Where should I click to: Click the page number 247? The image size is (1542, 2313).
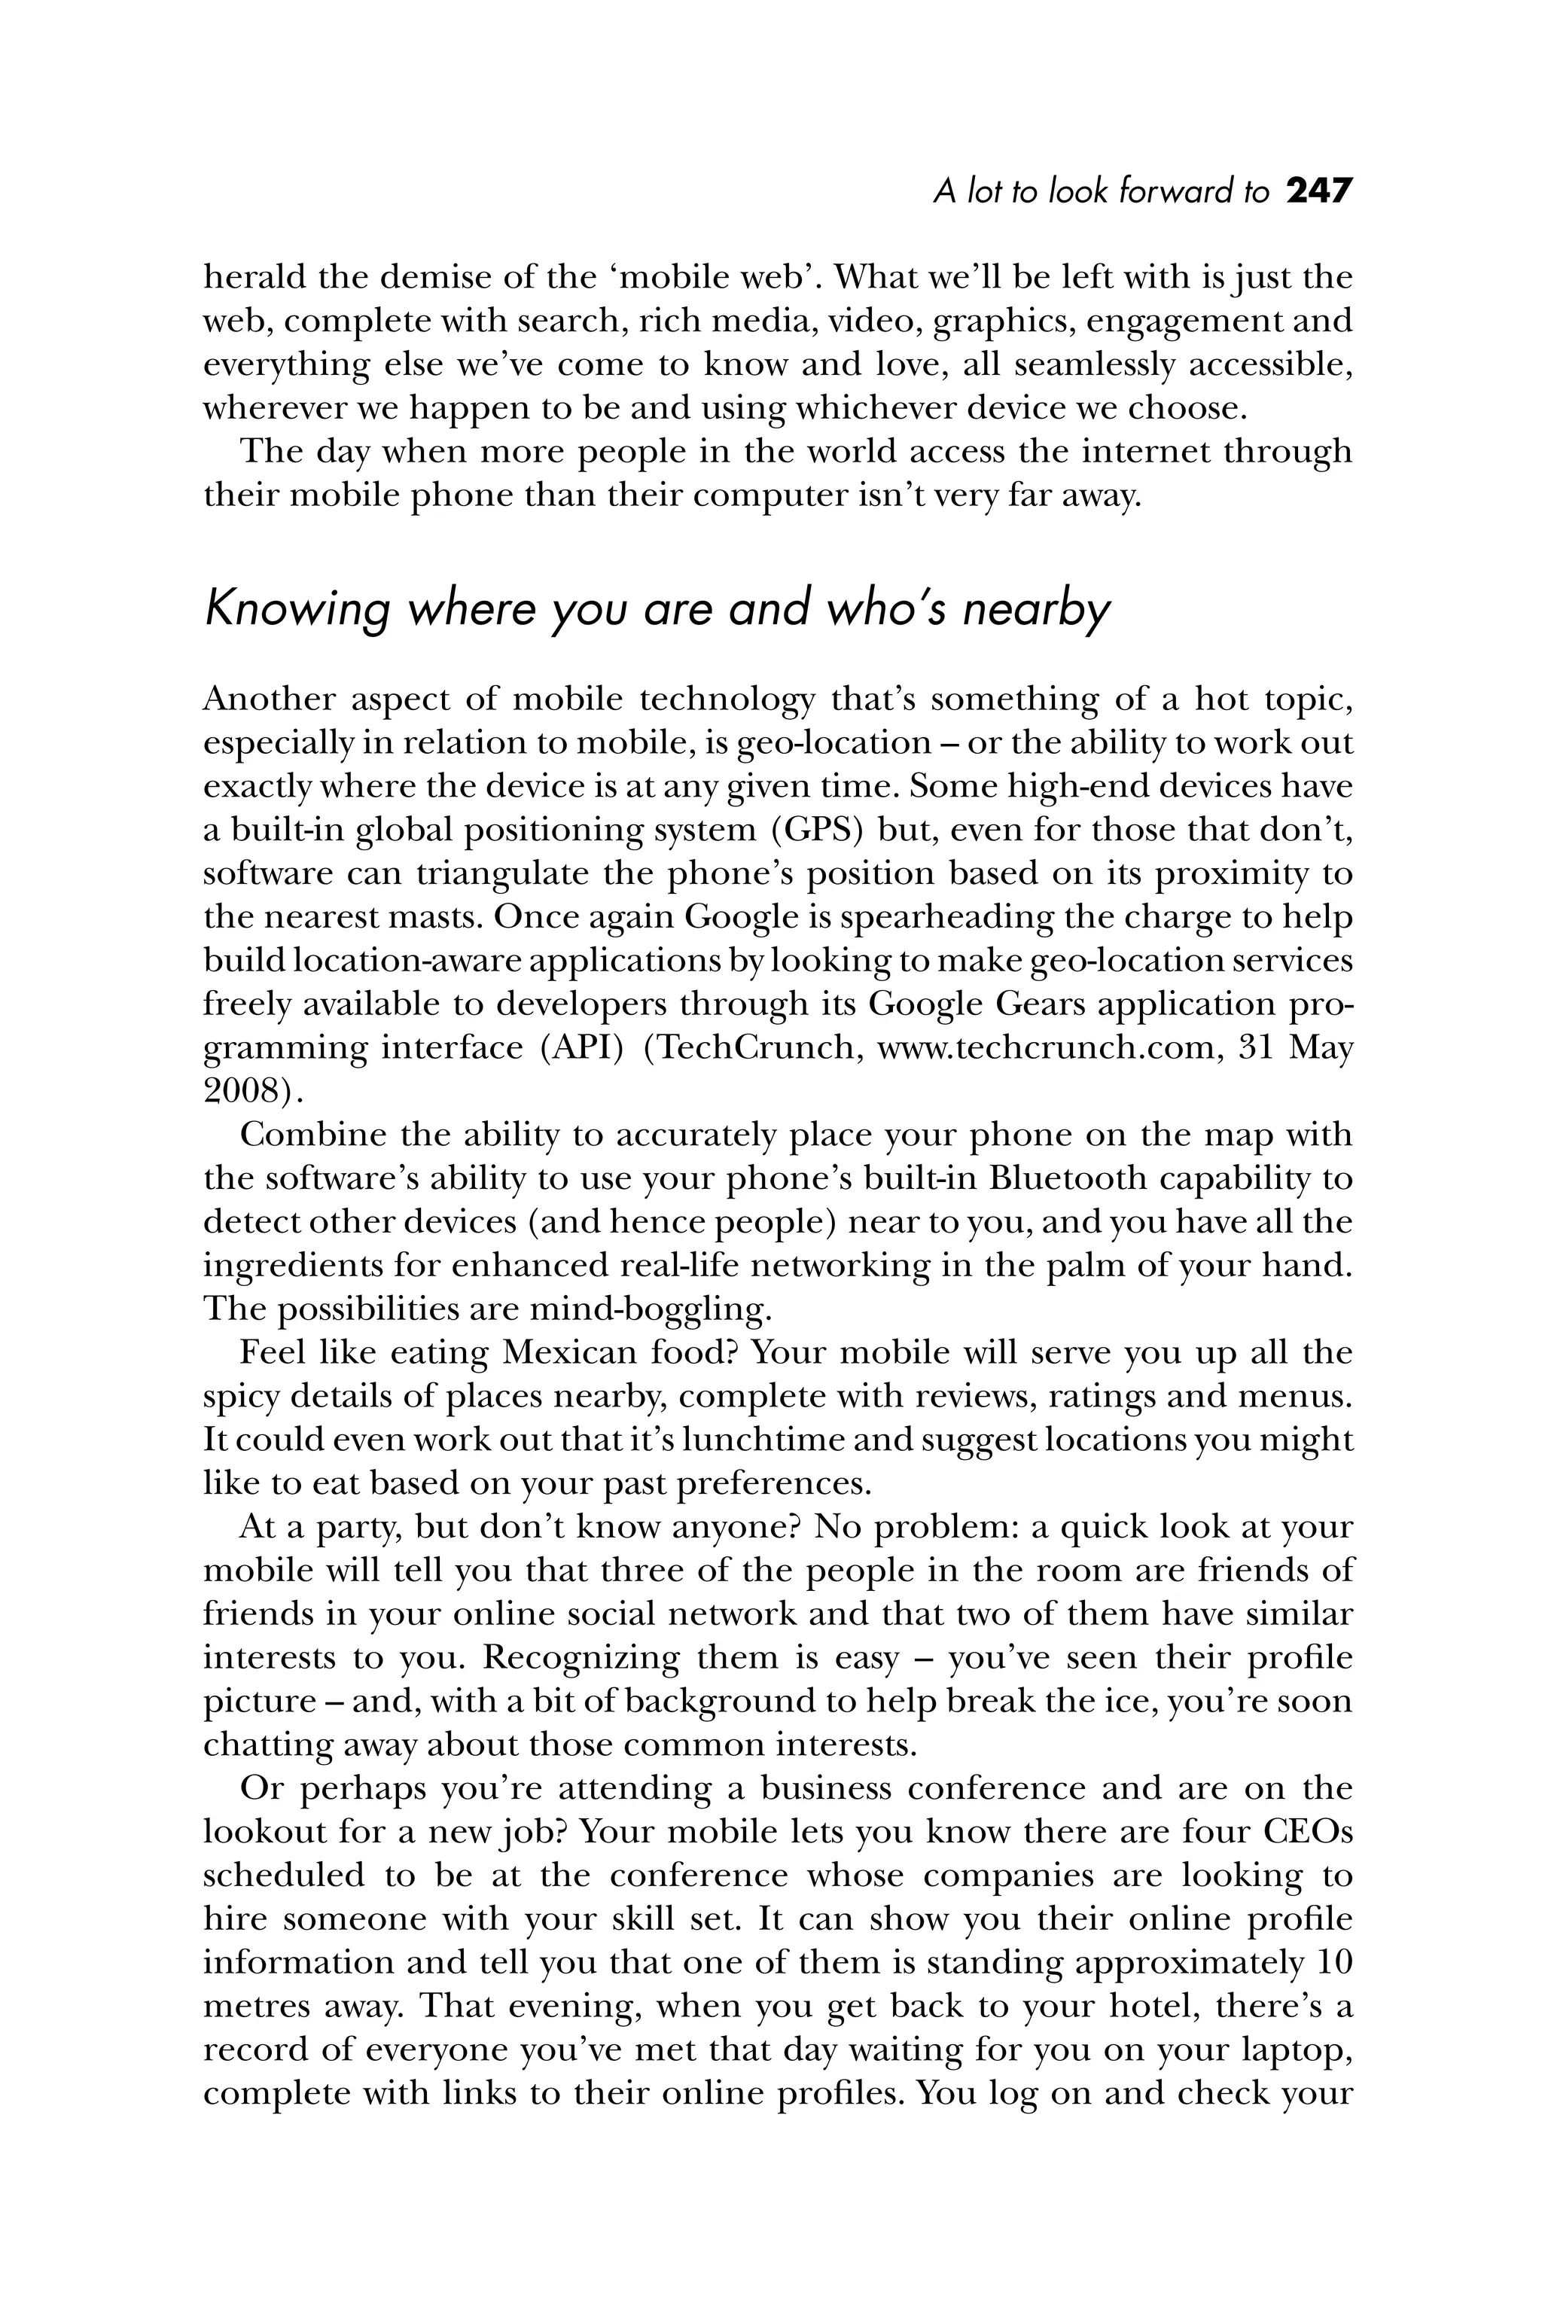pyautogui.click(x=1319, y=190)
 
